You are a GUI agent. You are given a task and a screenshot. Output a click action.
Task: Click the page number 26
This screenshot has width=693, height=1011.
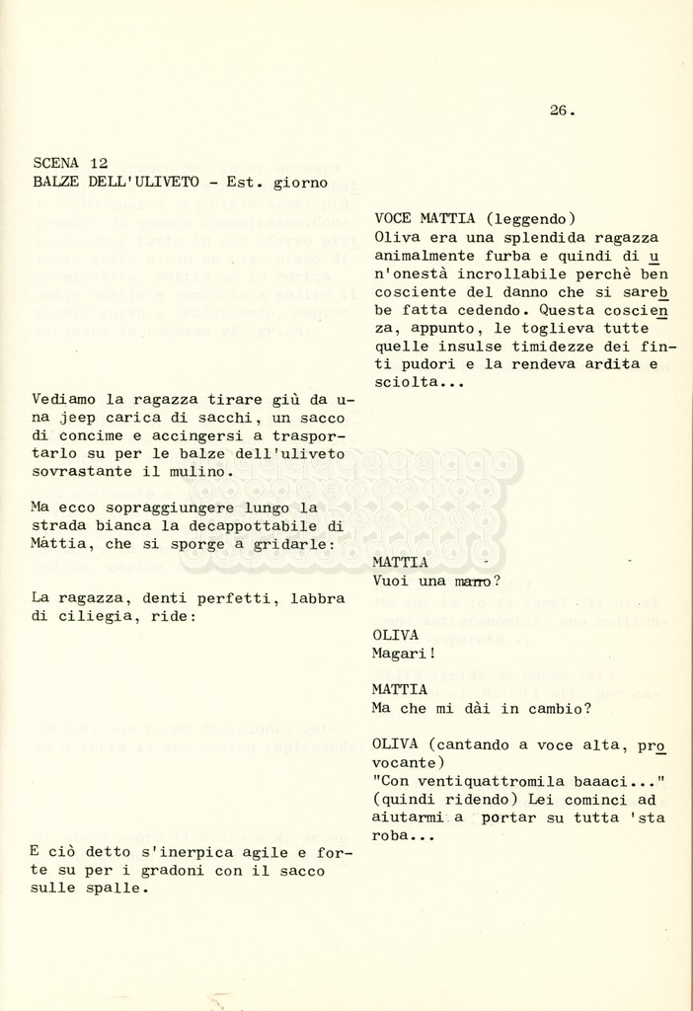point(562,111)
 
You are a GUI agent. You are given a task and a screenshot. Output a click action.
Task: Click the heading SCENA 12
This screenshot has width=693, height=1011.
point(70,163)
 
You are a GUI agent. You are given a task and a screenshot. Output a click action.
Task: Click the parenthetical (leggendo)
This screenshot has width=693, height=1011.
point(530,218)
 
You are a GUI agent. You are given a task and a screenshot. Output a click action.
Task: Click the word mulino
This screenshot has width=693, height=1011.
point(205,472)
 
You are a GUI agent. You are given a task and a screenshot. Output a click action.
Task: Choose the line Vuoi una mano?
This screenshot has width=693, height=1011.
point(436,581)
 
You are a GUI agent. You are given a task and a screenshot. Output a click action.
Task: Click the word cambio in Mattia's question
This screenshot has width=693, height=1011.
point(556,708)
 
